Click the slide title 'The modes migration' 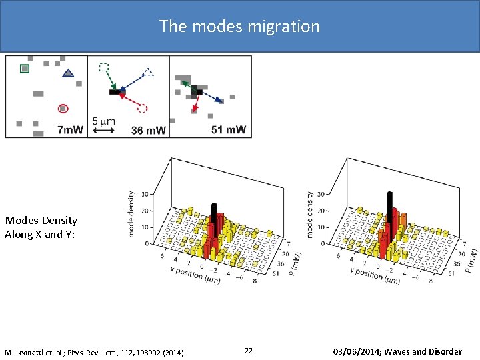[239, 27]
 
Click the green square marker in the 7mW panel [25, 68]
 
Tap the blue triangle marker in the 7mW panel [67, 73]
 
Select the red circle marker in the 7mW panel [63, 108]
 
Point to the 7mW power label [71, 129]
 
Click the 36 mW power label [149, 130]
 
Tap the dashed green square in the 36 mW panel [103, 67]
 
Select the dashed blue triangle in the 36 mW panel [149, 71]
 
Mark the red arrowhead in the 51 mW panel [194, 107]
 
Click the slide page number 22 [248, 351]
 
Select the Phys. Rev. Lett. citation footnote [95, 351]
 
